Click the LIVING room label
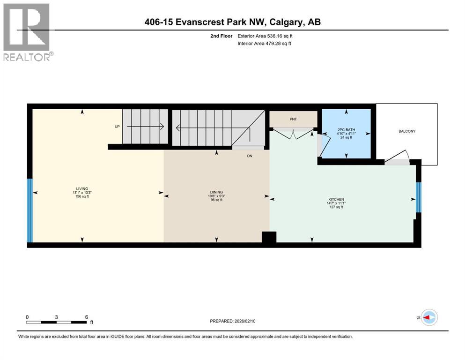pyautogui.click(x=83, y=188)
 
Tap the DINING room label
pyautogui.click(x=216, y=192)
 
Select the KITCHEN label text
pyautogui.click(x=336, y=199)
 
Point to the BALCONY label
pyautogui.click(x=407, y=131)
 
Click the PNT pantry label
pyautogui.click(x=294, y=120)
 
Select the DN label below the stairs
pyautogui.click(x=250, y=157)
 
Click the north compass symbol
pyautogui.click(x=428, y=317)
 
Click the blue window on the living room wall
pyautogui.click(x=30, y=210)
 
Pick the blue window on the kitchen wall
pyautogui.click(x=419, y=197)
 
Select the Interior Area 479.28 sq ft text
pyautogui.click(x=265, y=44)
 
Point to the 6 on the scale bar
pyautogui.click(x=86, y=317)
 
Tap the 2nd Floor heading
pyautogui.click(x=222, y=36)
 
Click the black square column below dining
pyautogui.click(x=269, y=238)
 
